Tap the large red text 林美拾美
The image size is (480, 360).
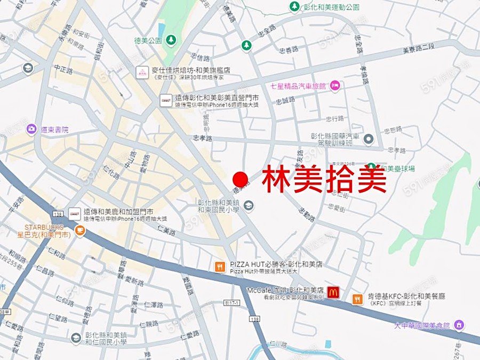324,180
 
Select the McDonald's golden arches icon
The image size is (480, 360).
333,292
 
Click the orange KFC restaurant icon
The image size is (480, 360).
357,299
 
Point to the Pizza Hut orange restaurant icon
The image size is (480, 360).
220,267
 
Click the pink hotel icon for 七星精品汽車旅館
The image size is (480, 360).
334,85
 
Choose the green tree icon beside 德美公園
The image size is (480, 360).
171,40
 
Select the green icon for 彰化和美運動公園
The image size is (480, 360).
294,7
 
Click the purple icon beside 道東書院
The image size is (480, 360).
31,129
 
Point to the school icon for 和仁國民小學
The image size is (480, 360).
76,338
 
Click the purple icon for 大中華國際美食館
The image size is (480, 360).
459,324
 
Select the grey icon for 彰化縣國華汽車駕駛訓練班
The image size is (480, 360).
368,139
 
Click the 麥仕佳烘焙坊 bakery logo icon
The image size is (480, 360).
142,73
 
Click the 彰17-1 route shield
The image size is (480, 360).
232,303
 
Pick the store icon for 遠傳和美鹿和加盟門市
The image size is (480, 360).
75,214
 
